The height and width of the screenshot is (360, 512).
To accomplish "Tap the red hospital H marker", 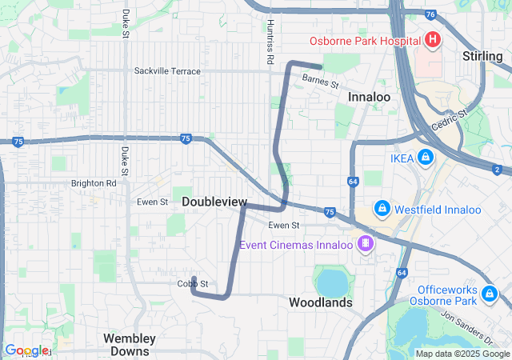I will click(432, 38).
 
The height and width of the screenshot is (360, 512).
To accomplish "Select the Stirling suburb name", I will click(482, 56).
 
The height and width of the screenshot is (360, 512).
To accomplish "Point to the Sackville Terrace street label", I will click(167, 71).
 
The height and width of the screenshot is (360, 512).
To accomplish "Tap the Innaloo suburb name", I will click(369, 97).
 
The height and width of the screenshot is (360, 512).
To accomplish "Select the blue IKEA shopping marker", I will click(425, 158).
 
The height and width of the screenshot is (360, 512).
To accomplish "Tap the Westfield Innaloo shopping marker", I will click(382, 209).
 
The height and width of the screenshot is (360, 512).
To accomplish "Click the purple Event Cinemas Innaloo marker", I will click(366, 242).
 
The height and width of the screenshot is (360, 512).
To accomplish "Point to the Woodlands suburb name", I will click(320, 303).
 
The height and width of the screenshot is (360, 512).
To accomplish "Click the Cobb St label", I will click(193, 284).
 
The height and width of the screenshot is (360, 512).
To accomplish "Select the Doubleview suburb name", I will click(214, 202).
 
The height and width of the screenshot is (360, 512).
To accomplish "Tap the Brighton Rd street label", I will click(94, 183).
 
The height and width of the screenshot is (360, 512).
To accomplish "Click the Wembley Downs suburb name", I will click(130, 344).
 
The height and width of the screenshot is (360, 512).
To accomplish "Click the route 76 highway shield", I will click(430, 14).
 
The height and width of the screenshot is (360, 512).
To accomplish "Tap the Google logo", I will click(26, 350).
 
